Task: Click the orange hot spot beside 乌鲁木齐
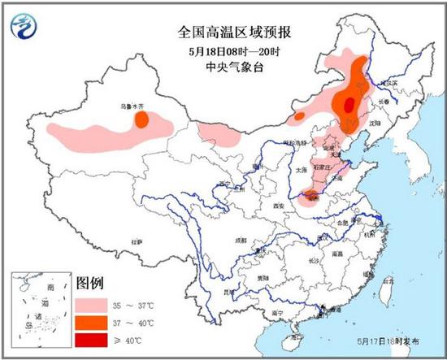point(141,119)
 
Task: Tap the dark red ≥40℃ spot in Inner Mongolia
point(349,104)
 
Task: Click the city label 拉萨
point(139,241)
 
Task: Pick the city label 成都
point(241,241)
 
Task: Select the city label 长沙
point(314,261)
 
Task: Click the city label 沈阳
point(375,122)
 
